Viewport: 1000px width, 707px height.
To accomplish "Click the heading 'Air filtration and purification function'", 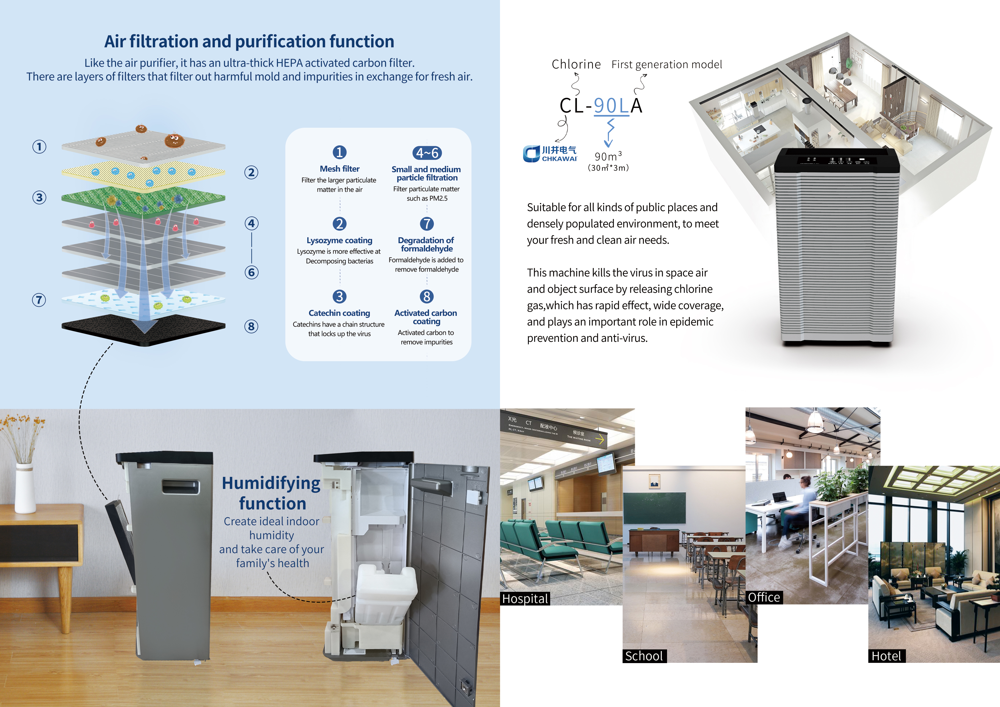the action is [249, 41].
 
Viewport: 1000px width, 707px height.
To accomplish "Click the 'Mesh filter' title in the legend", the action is [340, 168].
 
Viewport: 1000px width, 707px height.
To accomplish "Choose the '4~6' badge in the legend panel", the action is [427, 153].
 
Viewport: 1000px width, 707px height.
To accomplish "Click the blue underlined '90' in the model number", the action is [605, 106].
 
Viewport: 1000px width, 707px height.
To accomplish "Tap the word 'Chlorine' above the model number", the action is [576, 64].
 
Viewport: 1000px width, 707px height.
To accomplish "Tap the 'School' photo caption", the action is [644, 656].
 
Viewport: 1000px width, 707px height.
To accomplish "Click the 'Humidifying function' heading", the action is [272, 493].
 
